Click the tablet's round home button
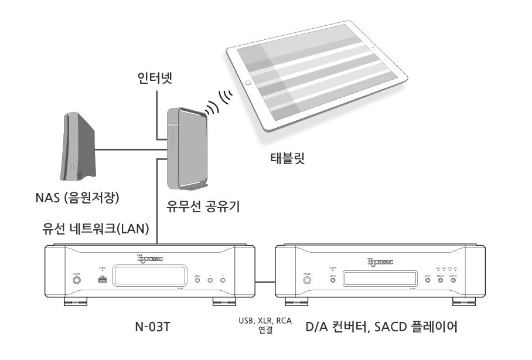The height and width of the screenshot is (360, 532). click(x=248, y=83)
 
